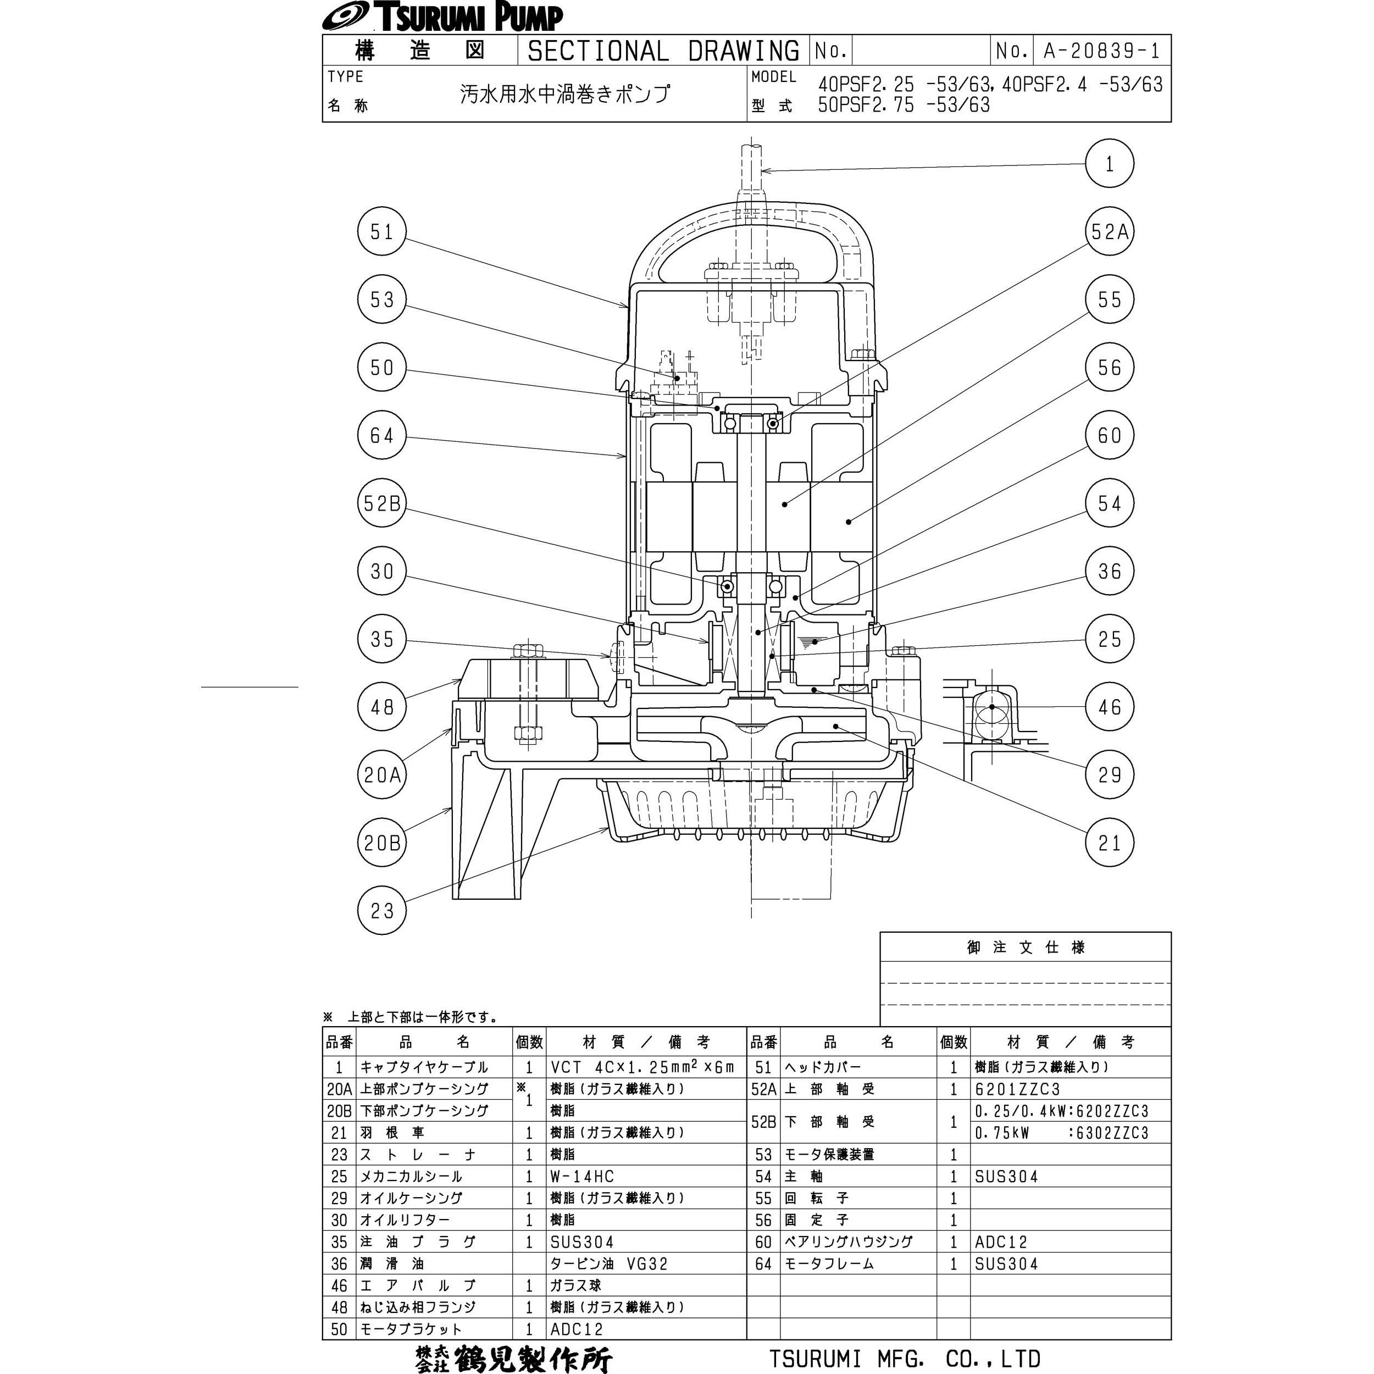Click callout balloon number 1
click(x=1110, y=164)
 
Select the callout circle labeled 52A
click(x=1110, y=232)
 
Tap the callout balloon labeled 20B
click(x=382, y=843)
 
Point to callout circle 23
click(x=382, y=910)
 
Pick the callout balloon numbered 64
click(x=382, y=435)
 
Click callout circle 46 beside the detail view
click(x=1110, y=707)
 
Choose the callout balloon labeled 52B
click(x=382, y=503)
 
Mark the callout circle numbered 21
click(x=1110, y=843)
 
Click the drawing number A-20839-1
click(x=1101, y=51)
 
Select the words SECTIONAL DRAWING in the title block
click(x=663, y=51)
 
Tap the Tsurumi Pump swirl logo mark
click(x=344, y=16)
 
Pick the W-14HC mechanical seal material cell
click(x=581, y=1176)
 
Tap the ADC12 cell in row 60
click(x=1001, y=1242)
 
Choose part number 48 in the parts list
click(x=339, y=1307)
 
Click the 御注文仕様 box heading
click(x=1026, y=948)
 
